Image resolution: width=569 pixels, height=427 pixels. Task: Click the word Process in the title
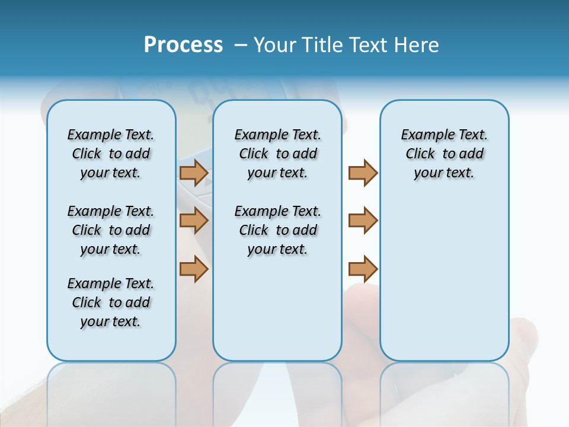pyautogui.click(x=183, y=45)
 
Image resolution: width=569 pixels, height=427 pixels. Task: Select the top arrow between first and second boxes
pyautogui.click(x=193, y=173)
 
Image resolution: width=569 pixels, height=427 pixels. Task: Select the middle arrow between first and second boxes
pyautogui.click(x=193, y=221)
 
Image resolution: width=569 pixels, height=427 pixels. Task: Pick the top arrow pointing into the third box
pyautogui.click(x=363, y=173)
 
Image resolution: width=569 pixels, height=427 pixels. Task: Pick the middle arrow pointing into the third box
pyautogui.click(x=363, y=221)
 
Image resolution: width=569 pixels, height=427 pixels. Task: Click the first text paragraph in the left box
pyautogui.click(x=111, y=154)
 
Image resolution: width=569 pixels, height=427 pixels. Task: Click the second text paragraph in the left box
pyautogui.click(x=111, y=230)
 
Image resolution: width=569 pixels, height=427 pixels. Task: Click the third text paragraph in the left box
pyautogui.click(x=111, y=302)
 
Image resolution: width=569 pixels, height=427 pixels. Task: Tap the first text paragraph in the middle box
pyautogui.click(x=278, y=154)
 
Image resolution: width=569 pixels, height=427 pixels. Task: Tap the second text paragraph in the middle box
pyautogui.click(x=278, y=230)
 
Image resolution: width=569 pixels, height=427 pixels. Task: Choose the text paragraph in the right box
pyautogui.click(x=445, y=154)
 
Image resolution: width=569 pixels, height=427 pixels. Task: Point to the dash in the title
pyautogui.click(x=241, y=45)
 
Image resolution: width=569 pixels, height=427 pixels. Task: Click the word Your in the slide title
pyautogui.click(x=275, y=45)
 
